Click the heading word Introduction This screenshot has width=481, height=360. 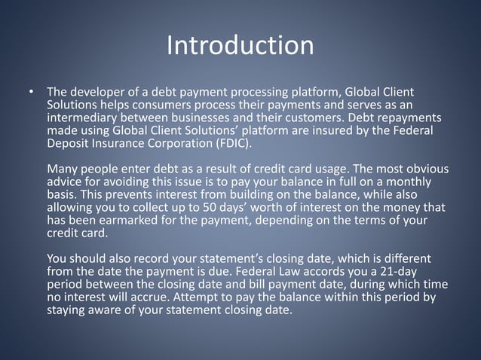[240, 45]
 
